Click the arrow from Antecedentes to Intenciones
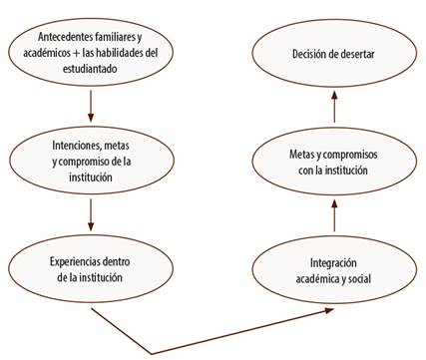coord(91,104)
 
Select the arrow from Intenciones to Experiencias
coord(91,211)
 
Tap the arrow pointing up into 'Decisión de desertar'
coord(334,106)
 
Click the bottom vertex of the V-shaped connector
coord(151,351)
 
